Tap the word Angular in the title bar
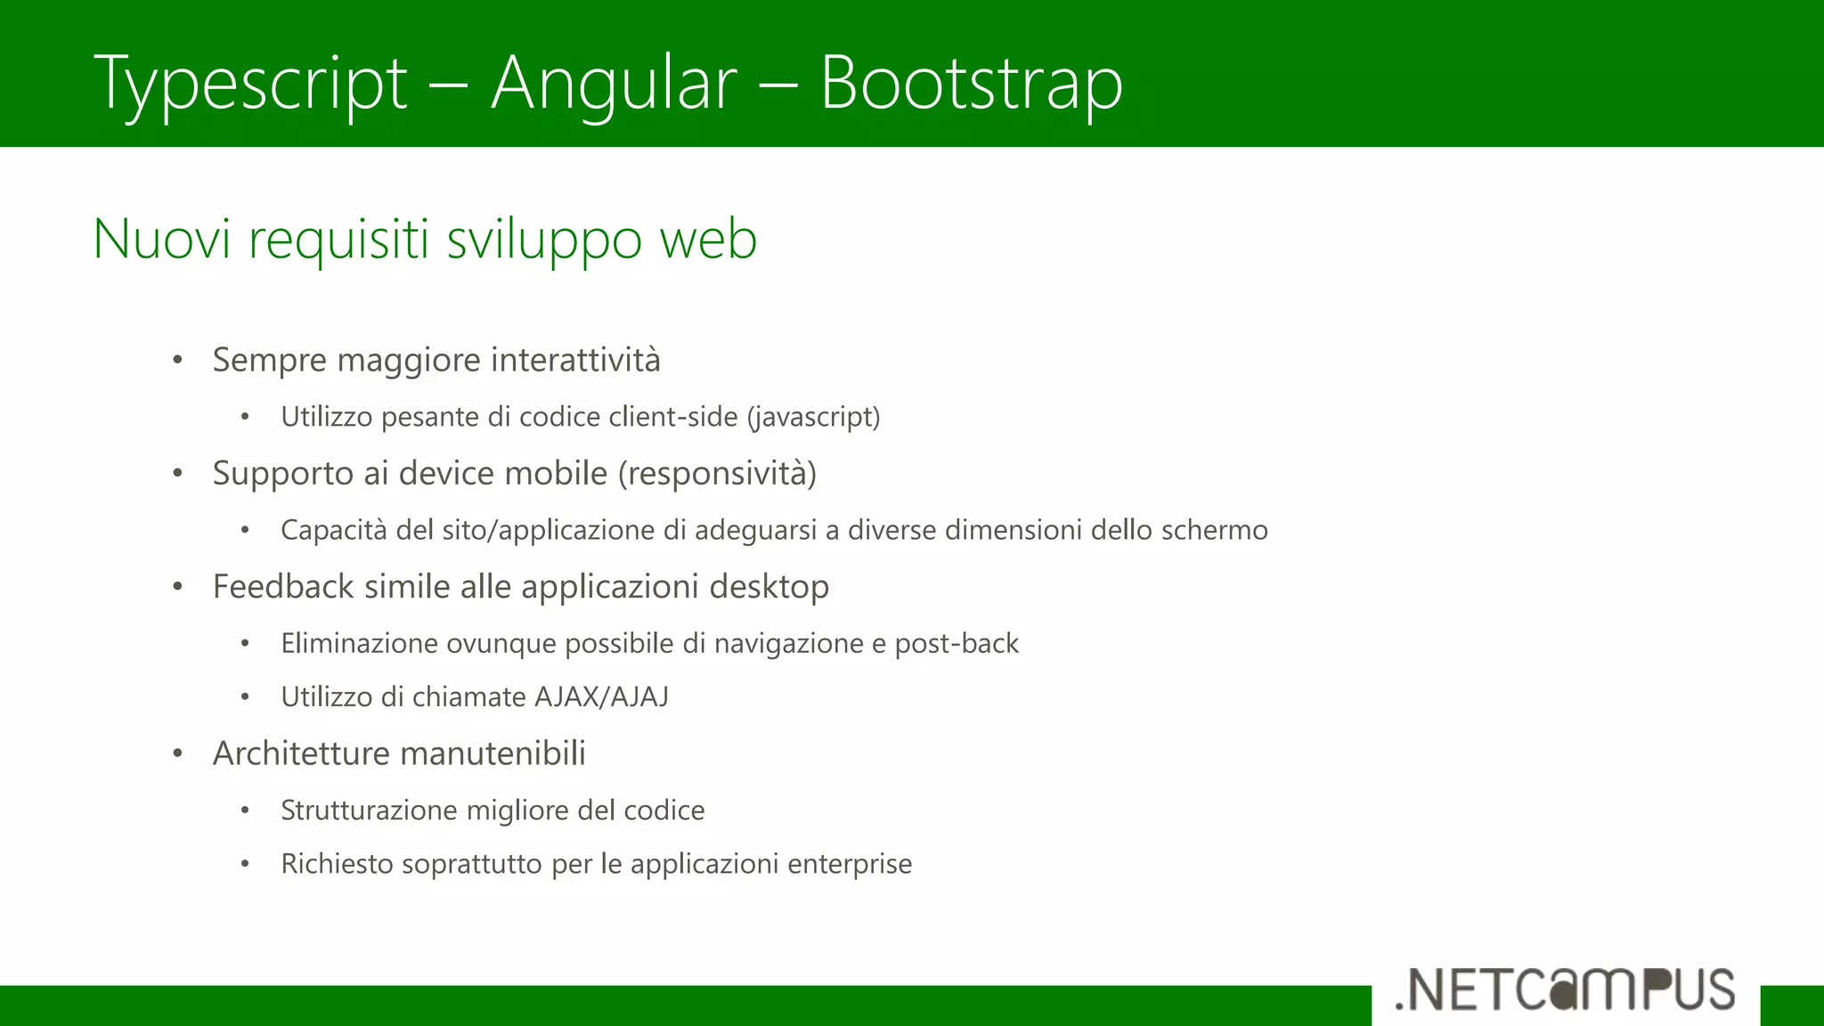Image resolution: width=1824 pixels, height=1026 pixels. click(x=614, y=83)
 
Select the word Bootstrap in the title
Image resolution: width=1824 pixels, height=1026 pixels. click(x=971, y=83)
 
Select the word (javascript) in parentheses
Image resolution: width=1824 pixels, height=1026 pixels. click(x=813, y=417)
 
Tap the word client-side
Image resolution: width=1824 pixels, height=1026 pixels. click(x=673, y=417)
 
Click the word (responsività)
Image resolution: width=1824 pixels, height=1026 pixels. click(x=717, y=473)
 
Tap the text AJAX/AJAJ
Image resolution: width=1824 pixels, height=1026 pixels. click(x=601, y=696)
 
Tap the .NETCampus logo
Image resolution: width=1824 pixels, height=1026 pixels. click(x=1565, y=989)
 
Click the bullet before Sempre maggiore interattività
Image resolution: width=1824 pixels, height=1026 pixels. click(x=178, y=361)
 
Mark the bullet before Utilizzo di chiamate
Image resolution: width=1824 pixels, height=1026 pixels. click(x=245, y=697)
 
